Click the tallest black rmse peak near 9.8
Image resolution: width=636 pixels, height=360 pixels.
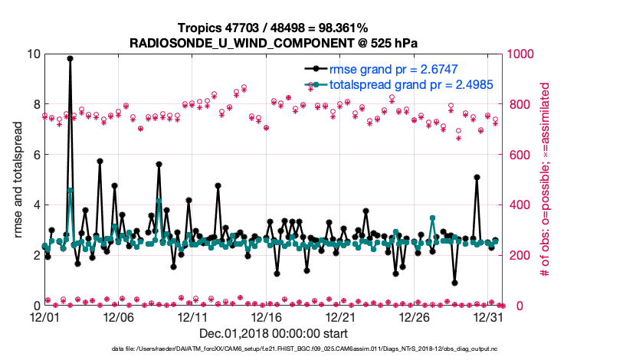tap(70, 58)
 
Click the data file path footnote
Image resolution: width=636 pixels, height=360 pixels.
tap(318, 349)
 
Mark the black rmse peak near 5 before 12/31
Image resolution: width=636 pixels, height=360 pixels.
tap(477, 177)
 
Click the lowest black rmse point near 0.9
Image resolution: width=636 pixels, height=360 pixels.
tap(454, 283)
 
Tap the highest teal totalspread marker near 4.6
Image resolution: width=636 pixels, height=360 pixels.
tap(70, 190)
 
